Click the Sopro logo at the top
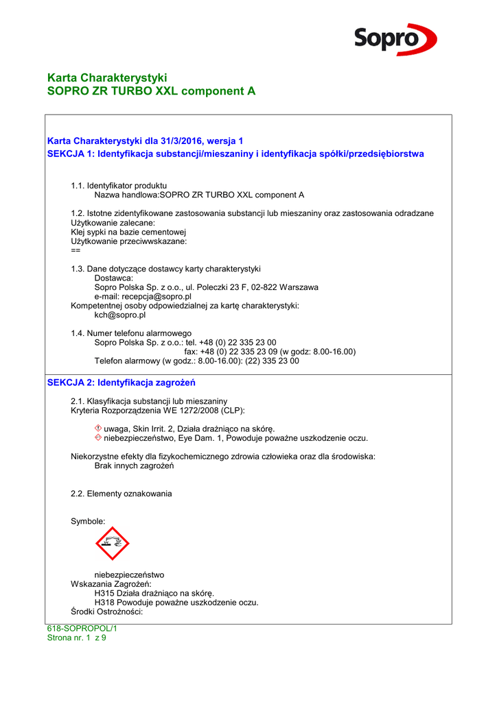(395, 39)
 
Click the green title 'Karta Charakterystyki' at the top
(107, 77)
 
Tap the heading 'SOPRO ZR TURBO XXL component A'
(151, 91)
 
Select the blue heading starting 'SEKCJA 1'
(235, 154)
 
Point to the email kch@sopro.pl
(119, 315)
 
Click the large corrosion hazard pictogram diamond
(113, 544)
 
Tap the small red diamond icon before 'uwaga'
(98, 428)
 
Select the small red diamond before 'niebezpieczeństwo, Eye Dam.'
(98, 438)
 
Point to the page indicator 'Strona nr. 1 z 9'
(76, 638)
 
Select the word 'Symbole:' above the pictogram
(88, 522)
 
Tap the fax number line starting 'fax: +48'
(270, 352)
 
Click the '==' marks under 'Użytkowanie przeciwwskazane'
(76, 250)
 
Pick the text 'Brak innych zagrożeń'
(134, 466)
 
